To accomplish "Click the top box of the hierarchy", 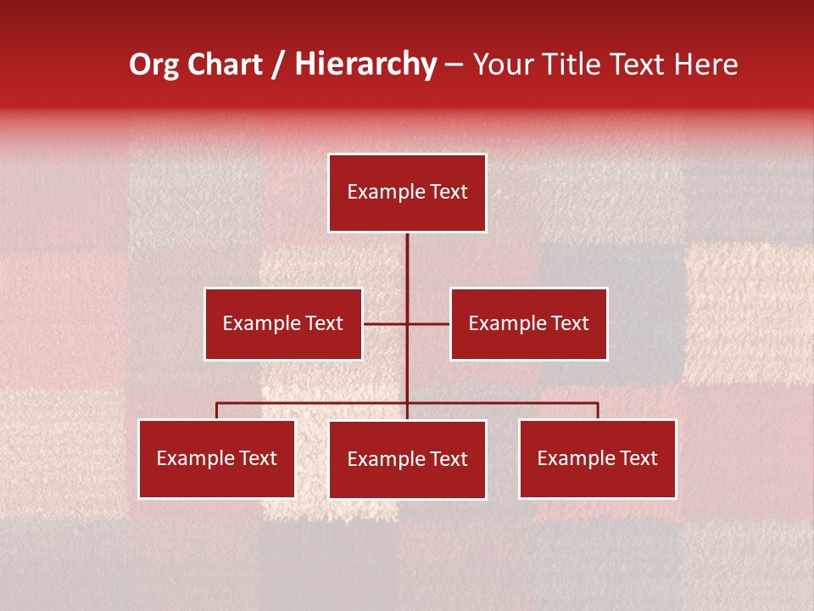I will click(407, 193).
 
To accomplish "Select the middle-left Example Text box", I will click(283, 323).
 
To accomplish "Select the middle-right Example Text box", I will click(528, 323).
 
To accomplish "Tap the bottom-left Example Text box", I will click(217, 458).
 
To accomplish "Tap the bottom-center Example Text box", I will click(407, 459).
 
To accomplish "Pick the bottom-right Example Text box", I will click(597, 458).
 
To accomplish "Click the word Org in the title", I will click(153, 64).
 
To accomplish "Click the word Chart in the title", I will click(223, 64).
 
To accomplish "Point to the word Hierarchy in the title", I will click(365, 64).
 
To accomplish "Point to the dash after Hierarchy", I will click(454, 64).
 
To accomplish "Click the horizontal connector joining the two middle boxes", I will click(386, 323).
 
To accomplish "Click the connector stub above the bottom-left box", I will click(217, 411).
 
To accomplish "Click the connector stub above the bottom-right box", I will click(597, 411).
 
